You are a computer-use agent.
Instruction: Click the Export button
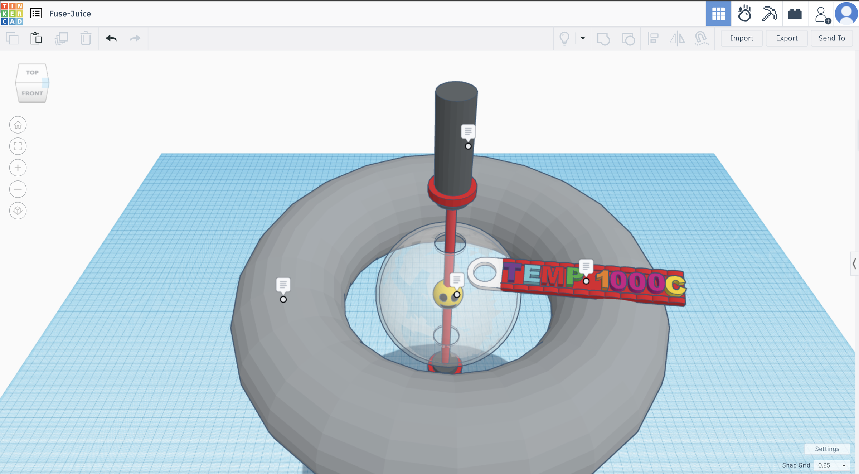(786, 38)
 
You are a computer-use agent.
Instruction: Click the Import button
(741, 38)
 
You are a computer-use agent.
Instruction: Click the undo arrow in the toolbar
(111, 38)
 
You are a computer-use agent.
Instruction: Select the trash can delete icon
(86, 38)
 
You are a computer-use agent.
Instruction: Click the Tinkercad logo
(12, 13)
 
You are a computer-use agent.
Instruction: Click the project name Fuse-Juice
(70, 14)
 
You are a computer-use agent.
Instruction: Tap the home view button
(18, 125)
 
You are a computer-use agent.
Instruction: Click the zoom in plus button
(18, 168)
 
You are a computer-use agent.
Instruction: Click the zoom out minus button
(18, 189)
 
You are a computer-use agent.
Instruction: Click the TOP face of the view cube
(32, 72)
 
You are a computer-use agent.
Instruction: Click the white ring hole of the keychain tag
(484, 272)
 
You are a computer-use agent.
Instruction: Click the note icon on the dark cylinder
(468, 131)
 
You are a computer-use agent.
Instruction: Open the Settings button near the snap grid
(827, 449)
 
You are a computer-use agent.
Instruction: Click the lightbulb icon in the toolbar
(564, 38)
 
